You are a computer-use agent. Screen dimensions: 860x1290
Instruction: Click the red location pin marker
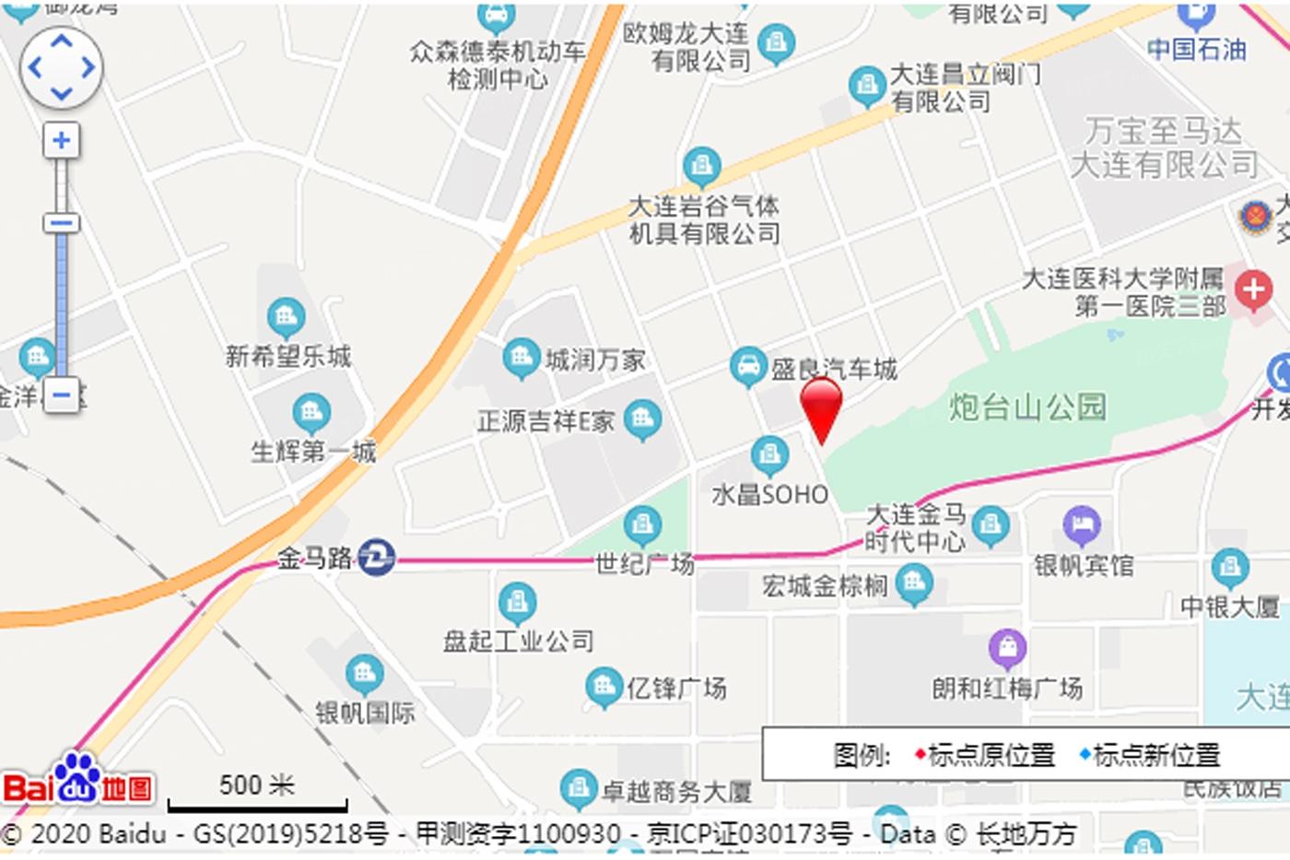[x=821, y=407]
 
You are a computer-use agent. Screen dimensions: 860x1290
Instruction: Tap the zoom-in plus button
[x=62, y=141]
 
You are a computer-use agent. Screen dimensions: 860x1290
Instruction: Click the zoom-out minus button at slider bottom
[x=62, y=395]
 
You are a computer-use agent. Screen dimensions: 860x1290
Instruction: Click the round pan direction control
[x=62, y=67]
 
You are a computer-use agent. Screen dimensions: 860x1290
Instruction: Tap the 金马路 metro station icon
[x=376, y=558]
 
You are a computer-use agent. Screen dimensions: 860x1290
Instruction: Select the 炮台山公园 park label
[x=1027, y=406]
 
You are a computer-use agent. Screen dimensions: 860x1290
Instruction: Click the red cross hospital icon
[x=1253, y=290]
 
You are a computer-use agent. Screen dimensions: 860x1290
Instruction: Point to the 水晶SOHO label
[x=770, y=495]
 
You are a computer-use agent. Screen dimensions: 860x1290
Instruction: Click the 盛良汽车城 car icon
[x=748, y=366]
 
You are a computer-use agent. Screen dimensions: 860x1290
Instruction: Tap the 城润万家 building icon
[x=521, y=358]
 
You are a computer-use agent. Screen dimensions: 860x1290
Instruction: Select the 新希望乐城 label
[x=288, y=356]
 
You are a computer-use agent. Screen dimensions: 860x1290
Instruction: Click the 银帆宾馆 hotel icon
[x=1082, y=525]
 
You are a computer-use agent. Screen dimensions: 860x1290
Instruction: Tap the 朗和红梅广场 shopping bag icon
[x=1007, y=648]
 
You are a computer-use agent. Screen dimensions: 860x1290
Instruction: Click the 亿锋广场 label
[x=676, y=688]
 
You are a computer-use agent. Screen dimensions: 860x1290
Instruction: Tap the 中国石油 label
[x=1196, y=49]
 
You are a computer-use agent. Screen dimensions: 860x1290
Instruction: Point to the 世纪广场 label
[x=644, y=562]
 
